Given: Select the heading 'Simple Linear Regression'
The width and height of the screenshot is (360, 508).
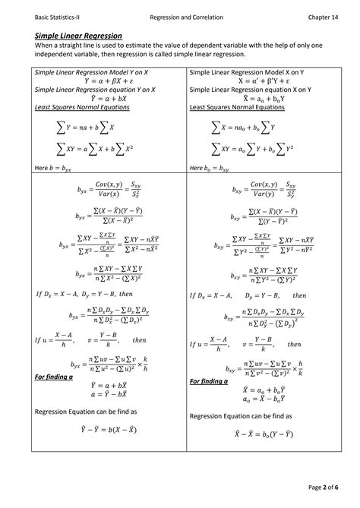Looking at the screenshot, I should [x=79, y=36].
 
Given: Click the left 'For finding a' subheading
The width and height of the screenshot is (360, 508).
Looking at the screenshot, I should [x=52, y=377].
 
